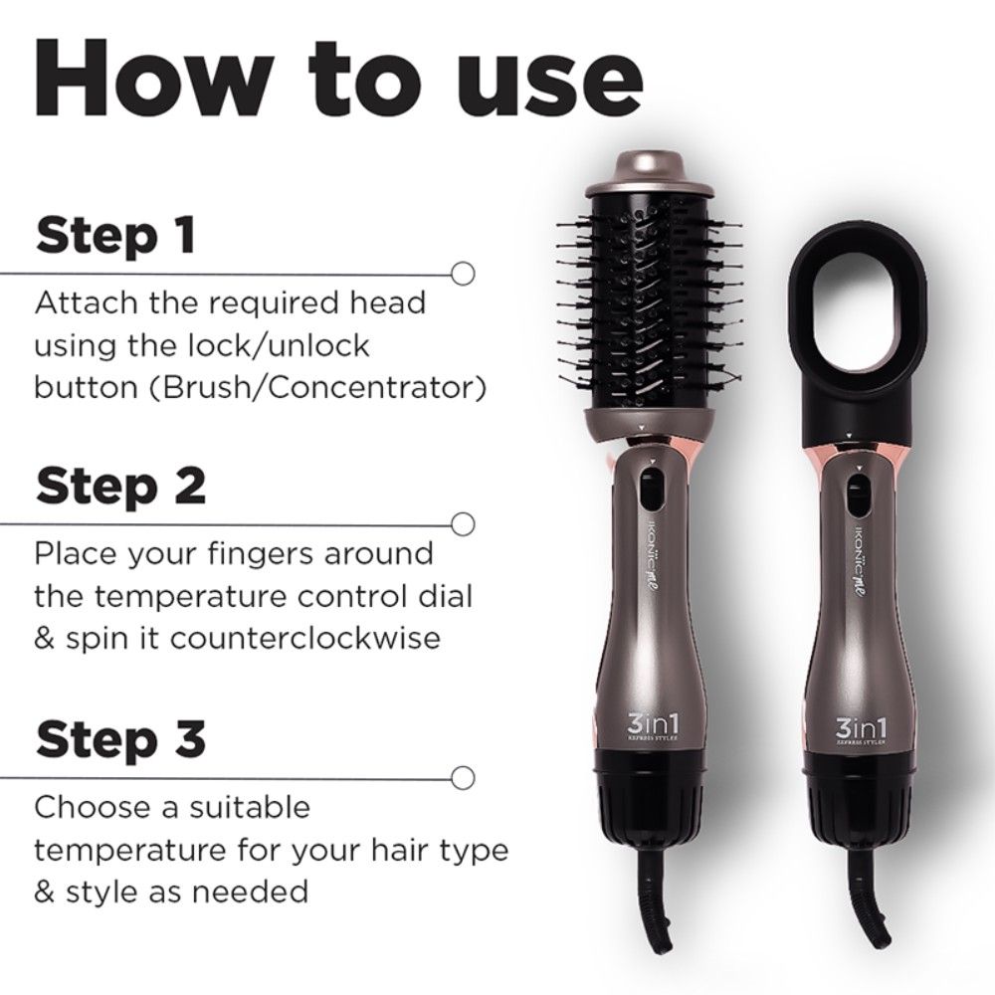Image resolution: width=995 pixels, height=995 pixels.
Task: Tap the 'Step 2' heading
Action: point(120,488)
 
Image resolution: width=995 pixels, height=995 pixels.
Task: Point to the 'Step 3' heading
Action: point(120,740)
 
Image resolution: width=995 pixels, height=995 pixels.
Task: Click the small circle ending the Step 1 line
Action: point(461,272)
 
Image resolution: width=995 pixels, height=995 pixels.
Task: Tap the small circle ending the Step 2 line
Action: point(461,522)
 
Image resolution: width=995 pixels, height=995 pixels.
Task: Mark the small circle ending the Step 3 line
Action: point(461,775)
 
